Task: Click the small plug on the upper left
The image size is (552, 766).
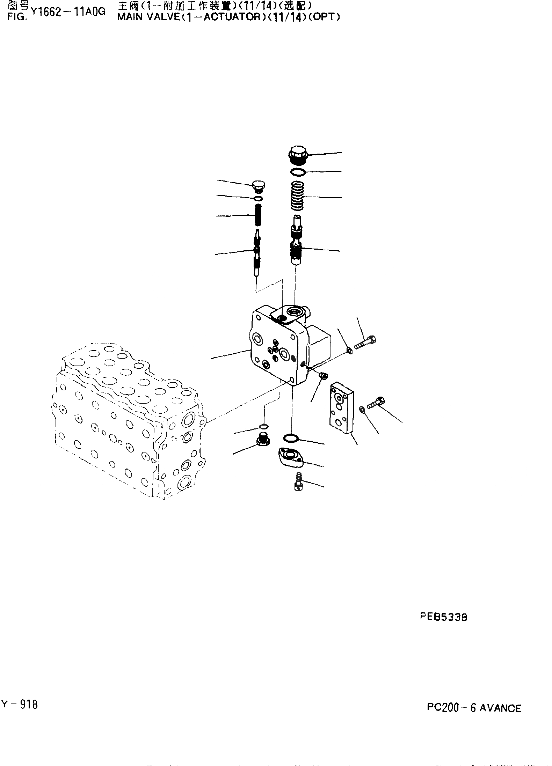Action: click(259, 186)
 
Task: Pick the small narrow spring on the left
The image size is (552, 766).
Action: click(258, 215)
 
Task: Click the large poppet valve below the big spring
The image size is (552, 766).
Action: click(297, 241)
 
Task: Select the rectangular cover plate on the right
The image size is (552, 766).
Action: click(342, 408)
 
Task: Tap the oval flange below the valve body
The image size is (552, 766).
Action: click(290, 457)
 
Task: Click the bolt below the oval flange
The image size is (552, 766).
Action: click(298, 482)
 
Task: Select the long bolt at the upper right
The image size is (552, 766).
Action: click(365, 343)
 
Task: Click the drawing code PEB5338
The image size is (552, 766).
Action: click(443, 617)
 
